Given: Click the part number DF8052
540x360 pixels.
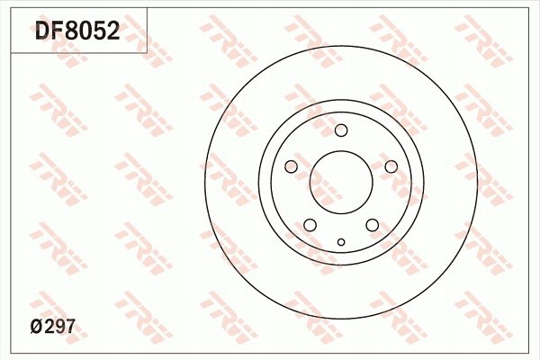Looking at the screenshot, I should point(77,32).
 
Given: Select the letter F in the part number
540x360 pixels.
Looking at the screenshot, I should point(57,32).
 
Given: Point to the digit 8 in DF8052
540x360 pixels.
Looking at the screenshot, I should point(71,32).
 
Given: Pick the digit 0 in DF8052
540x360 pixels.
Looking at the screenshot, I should point(85,32).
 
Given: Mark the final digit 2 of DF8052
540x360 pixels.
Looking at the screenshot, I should point(112,32).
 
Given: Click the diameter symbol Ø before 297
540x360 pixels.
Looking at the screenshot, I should point(38,329).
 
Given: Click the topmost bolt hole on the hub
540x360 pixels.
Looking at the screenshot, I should point(341,130).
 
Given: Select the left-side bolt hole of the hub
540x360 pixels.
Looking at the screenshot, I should point(291,166).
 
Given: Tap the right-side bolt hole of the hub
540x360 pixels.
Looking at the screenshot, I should point(391,166).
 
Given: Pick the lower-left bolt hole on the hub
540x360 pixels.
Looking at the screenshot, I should point(310,225).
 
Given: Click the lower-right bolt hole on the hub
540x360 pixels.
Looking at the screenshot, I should point(372,225).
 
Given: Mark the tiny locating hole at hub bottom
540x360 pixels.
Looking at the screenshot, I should point(341,241).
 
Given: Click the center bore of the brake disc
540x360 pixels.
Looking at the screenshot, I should point(341,184).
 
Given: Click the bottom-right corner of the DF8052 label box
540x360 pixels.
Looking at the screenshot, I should point(147,52).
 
